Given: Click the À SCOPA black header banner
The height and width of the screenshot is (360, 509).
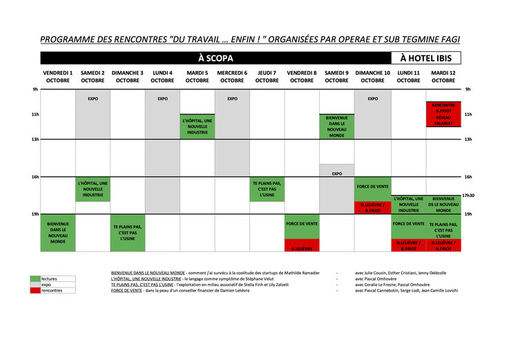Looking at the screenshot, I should [x=215, y=59].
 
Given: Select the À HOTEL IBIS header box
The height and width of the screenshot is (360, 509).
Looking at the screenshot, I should [x=426, y=59].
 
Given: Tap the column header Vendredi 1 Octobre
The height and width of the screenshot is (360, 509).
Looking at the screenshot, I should [x=58, y=76].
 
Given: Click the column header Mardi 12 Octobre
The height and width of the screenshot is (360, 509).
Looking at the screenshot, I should [x=443, y=76].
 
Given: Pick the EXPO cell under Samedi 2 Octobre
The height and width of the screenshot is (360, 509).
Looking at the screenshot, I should [x=93, y=99].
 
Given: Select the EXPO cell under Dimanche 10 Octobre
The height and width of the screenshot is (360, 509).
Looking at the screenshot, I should [x=373, y=99].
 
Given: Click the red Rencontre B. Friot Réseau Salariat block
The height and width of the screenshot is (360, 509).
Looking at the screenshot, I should [x=443, y=114].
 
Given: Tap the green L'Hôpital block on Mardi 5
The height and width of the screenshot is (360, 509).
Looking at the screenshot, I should [x=198, y=126].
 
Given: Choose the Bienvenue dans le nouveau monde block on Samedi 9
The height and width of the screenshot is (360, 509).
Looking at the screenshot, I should [x=337, y=126].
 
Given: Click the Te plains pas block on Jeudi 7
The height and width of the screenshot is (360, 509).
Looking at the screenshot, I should [x=267, y=189].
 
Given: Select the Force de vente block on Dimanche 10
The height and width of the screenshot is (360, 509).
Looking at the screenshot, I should [x=373, y=187].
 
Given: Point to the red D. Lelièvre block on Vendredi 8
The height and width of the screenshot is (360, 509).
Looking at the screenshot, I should [x=302, y=248].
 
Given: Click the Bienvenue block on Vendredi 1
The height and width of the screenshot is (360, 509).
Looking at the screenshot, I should [x=58, y=233].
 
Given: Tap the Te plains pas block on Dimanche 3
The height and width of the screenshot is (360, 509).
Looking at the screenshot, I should [x=128, y=232].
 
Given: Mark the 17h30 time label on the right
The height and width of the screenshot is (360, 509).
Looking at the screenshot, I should [x=469, y=196].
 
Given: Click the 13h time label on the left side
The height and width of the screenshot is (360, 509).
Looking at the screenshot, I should [x=35, y=140].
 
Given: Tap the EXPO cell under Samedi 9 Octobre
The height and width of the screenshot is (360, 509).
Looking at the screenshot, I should [x=337, y=173].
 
